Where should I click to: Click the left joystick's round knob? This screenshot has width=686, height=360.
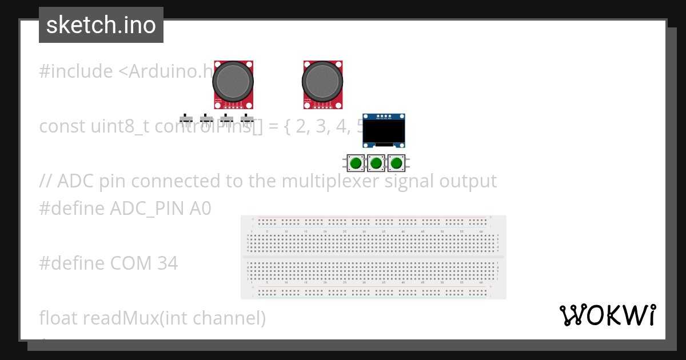pos(233,82)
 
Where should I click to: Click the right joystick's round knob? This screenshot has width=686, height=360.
pos(323,82)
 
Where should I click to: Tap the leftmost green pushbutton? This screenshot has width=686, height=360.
pos(356,163)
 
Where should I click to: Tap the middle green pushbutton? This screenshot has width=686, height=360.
pos(376,163)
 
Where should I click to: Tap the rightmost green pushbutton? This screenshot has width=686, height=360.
pos(396,163)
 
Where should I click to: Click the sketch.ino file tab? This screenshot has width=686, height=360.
pos(101,25)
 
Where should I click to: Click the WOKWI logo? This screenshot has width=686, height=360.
pos(608,315)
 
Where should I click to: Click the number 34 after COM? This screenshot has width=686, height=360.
pos(166,263)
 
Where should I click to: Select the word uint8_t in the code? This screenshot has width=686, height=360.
pos(119,126)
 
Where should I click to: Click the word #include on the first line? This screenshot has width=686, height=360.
pos(76,71)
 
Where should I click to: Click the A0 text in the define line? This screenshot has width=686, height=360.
pos(200,209)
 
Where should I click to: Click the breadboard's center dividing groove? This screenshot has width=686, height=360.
pos(373,258)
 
